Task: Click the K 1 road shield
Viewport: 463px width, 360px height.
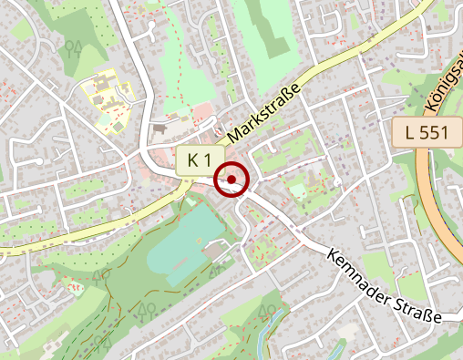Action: [199, 160]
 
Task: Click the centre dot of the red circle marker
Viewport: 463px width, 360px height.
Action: [231, 180]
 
